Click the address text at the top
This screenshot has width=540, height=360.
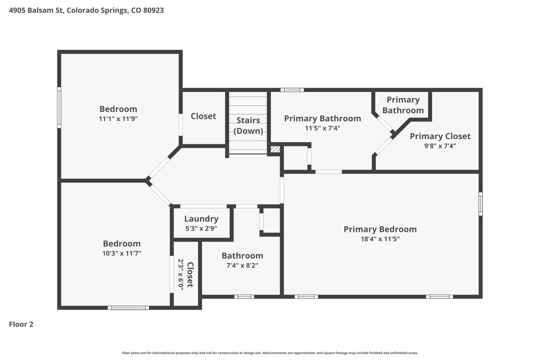click(x=86, y=11)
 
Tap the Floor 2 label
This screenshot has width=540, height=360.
click(x=21, y=324)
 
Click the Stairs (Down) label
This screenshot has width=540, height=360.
click(x=248, y=126)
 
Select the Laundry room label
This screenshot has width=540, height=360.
click(x=201, y=219)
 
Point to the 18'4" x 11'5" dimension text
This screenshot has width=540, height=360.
click(x=380, y=239)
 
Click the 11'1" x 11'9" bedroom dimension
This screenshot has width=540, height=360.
click(x=119, y=119)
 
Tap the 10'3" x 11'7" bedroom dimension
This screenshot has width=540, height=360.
click(x=122, y=253)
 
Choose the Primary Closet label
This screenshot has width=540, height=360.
click(x=440, y=136)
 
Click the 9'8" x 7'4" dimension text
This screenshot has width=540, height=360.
click(x=440, y=146)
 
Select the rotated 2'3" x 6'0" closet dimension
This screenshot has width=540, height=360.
click(x=181, y=274)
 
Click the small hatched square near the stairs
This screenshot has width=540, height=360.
click(x=275, y=149)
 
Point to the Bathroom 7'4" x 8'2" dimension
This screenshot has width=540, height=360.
click(x=242, y=265)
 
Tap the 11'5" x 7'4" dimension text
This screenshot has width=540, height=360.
click(x=323, y=128)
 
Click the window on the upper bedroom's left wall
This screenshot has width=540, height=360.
click(x=59, y=108)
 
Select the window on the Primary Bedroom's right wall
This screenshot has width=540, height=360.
click(x=481, y=204)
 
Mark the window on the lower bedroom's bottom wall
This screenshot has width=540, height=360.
click(x=128, y=308)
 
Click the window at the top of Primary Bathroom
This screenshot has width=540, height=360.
click(x=292, y=90)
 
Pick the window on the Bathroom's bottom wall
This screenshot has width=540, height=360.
click(x=244, y=297)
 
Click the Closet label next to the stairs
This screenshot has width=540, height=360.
click(x=203, y=116)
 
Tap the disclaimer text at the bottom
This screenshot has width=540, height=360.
click(x=270, y=353)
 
